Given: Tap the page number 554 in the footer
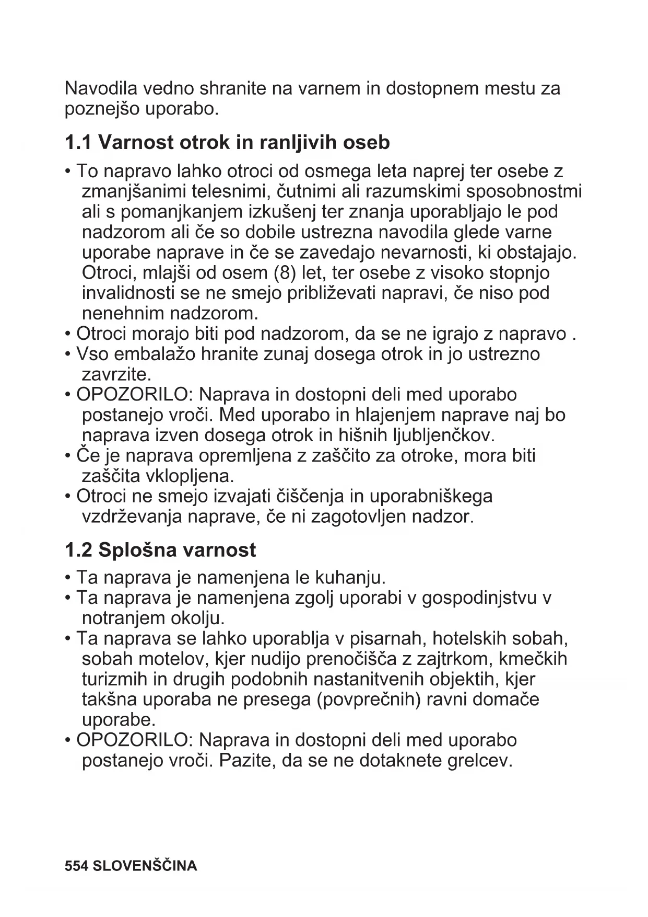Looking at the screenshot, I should point(75,866).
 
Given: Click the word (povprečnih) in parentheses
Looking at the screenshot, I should point(369,700).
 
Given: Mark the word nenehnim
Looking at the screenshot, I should point(123,314).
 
